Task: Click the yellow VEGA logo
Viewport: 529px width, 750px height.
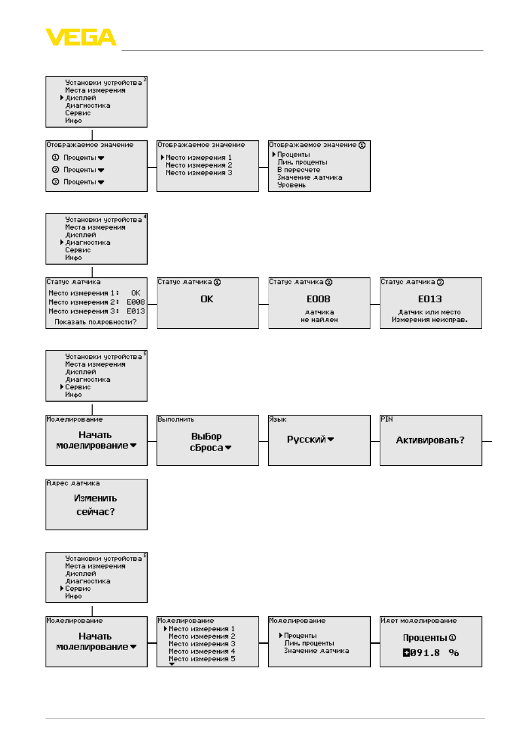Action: pyautogui.click(x=80, y=37)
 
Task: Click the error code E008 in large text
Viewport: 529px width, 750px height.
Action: pyautogui.click(x=318, y=298)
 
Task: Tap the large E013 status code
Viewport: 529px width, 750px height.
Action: pyautogui.click(x=430, y=298)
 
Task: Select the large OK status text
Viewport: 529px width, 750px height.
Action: pyautogui.click(x=206, y=298)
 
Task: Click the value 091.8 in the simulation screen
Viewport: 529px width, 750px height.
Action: pyautogui.click(x=425, y=652)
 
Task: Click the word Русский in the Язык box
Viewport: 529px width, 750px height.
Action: pyautogui.click(x=306, y=439)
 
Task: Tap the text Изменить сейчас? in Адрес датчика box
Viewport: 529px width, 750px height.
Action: pyautogui.click(x=95, y=505)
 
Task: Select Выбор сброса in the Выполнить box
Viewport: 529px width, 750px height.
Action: pyautogui.click(x=206, y=442)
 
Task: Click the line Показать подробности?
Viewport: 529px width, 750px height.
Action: pyautogui.click(x=95, y=322)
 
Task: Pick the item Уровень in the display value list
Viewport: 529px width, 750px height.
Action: pyautogui.click(x=291, y=185)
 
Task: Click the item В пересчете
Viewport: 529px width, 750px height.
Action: pyautogui.click(x=299, y=170)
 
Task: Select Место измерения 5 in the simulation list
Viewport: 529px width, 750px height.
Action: pyautogui.click(x=201, y=658)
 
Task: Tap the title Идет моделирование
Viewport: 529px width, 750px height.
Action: pyautogui.click(x=418, y=620)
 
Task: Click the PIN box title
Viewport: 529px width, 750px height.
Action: pyautogui.click(x=386, y=419)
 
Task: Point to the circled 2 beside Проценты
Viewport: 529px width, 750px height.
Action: pyautogui.click(x=56, y=169)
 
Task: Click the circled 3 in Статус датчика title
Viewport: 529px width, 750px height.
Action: pyautogui.click(x=440, y=282)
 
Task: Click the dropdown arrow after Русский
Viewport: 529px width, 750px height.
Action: pyautogui.click(x=330, y=439)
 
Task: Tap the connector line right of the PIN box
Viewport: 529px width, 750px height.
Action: pyautogui.click(x=487, y=442)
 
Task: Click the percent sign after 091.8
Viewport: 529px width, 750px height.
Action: pyautogui.click(x=454, y=652)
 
